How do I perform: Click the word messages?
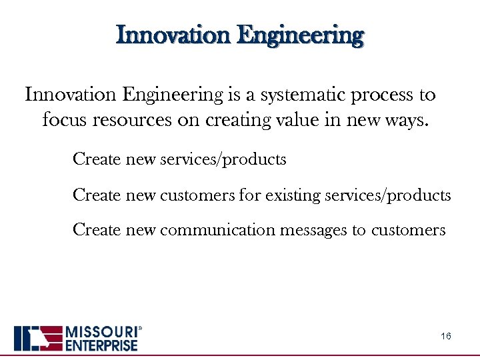313,231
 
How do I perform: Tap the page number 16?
446,337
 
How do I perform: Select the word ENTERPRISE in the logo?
101,345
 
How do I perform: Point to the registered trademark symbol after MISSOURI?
139,329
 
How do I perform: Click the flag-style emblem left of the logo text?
38,338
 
